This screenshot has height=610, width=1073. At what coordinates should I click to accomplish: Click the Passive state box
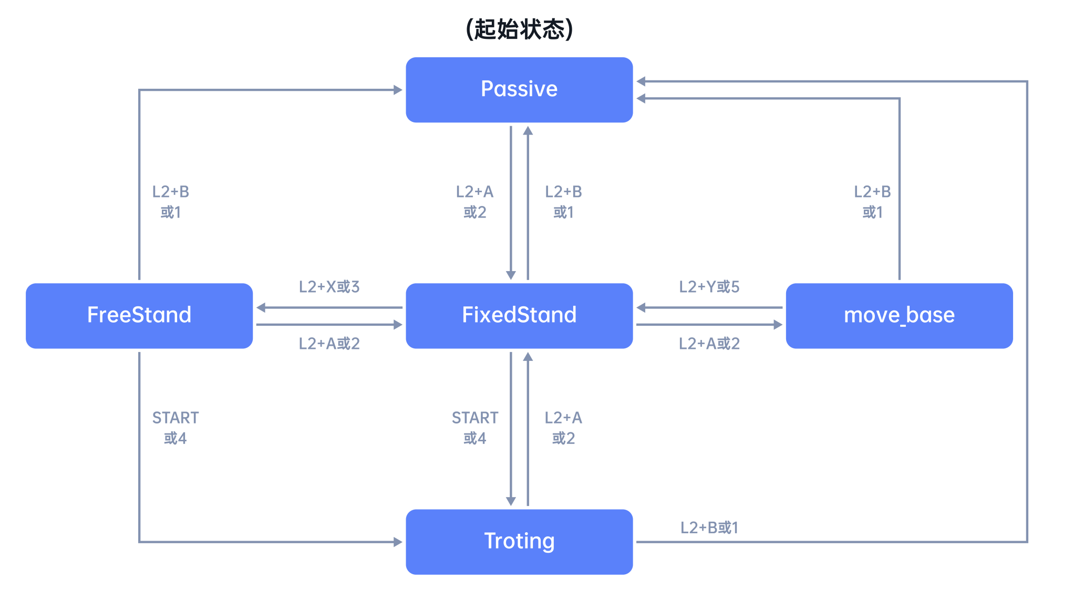pos(519,90)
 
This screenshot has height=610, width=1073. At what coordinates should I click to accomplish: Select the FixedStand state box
pos(519,316)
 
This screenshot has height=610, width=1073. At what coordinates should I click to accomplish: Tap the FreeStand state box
pos(139,316)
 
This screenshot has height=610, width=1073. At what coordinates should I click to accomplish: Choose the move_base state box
pos(899,316)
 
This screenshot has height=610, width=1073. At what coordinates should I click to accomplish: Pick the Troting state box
pos(519,542)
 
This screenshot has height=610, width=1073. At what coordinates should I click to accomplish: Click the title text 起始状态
pos(519,29)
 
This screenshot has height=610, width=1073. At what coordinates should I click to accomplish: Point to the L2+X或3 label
pos(329,287)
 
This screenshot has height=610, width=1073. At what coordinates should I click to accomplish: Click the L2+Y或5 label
pos(709,287)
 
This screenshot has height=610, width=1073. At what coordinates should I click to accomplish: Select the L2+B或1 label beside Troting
pos(709,528)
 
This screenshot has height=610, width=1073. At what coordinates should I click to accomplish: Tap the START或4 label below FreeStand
pos(175,428)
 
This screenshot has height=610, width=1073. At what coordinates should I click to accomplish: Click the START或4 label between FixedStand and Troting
pos(474,428)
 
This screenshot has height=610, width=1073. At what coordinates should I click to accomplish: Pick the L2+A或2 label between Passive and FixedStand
pos(474,202)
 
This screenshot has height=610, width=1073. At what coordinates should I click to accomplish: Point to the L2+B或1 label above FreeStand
pos(170,202)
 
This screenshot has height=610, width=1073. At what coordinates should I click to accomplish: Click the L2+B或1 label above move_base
pos(872,202)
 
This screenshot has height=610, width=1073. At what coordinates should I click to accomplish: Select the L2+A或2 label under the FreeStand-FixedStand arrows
pos(329,344)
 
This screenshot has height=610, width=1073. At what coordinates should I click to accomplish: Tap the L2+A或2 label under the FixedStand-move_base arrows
pos(709,344)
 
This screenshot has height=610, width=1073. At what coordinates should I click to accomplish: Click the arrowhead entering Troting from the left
pos(398,542)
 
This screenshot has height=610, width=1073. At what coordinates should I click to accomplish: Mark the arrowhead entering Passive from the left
pos(398,90)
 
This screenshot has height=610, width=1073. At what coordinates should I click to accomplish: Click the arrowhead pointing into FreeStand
pos(261,307)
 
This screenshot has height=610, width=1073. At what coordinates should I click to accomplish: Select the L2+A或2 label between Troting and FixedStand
pos(563,428)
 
